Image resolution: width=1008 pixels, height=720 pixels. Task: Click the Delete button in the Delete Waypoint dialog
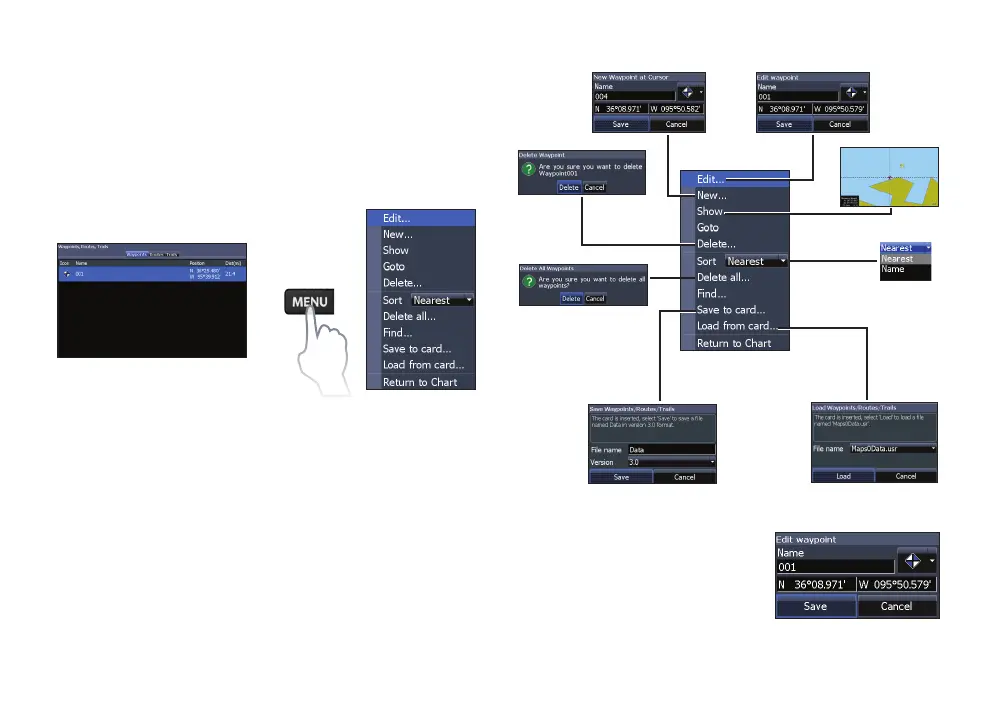569,187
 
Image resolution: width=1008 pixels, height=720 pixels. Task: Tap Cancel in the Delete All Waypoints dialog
595,298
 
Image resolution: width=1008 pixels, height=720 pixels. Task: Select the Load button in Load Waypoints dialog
843,476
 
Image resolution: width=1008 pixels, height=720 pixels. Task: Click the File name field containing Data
671,450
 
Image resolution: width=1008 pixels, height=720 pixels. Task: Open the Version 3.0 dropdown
671,462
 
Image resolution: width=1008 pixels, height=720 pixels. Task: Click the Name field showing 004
634,96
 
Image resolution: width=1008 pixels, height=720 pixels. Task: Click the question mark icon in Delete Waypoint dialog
530,169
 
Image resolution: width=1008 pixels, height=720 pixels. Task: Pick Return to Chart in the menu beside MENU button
420,382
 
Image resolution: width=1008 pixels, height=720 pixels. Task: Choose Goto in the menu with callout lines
708,228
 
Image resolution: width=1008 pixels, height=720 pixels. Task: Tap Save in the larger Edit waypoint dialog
815,606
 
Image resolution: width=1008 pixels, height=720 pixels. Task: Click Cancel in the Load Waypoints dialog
906,476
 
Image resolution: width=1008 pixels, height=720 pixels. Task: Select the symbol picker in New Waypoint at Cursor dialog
691,90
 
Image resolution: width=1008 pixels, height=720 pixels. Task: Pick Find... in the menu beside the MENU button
398,332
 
